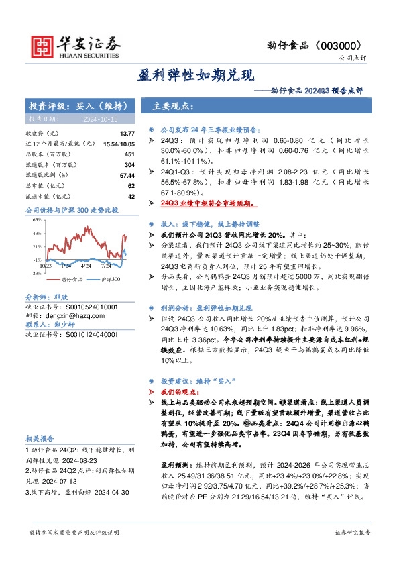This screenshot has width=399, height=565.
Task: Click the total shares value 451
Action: (x=130, y=154)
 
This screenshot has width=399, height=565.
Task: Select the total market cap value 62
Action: (x=131, y=185)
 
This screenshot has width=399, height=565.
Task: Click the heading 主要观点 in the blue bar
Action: (x=173, y=107)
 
